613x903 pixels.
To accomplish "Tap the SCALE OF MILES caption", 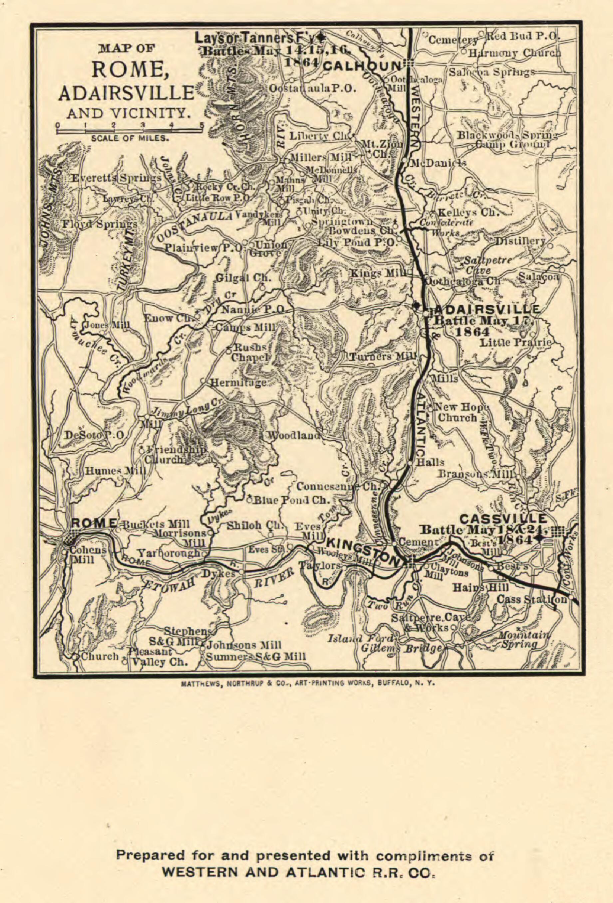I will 130,138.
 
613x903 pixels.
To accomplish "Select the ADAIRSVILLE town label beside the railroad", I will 487,310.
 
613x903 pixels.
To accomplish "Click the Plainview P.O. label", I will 202,247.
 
